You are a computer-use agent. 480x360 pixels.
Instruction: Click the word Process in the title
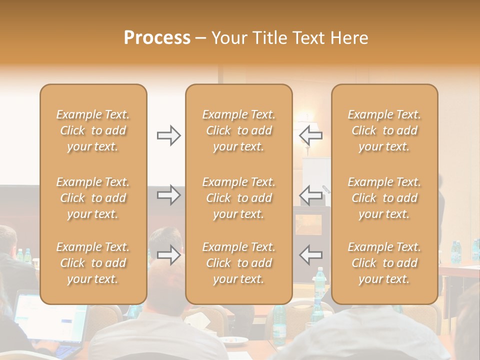click(157, 38)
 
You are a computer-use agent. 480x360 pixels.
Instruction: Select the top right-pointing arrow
click(168, 135)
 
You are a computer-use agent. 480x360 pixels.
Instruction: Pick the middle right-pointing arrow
click(168, 194)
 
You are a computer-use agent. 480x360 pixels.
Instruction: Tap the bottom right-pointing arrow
click(168, 254)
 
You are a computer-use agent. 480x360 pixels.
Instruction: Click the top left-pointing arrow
click(311, 135)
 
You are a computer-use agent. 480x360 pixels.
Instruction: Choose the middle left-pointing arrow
click(311, 194)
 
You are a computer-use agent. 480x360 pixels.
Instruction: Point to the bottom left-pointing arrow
click(311, 254)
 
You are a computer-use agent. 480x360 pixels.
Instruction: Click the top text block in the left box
click(93, 130)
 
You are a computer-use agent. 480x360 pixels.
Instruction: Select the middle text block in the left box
click(93, 198)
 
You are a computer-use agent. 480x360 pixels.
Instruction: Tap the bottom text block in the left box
click(93, 263)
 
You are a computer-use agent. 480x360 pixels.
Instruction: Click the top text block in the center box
click(238, 130)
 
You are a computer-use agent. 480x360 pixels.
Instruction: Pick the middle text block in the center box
click(238, 198)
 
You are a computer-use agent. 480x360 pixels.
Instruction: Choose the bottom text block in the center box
click(238, 263)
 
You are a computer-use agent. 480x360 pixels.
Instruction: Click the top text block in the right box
click(384, 130)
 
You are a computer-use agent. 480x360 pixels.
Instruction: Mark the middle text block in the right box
click(384, 198)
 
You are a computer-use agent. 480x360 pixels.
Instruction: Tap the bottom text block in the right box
click(384, 263)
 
